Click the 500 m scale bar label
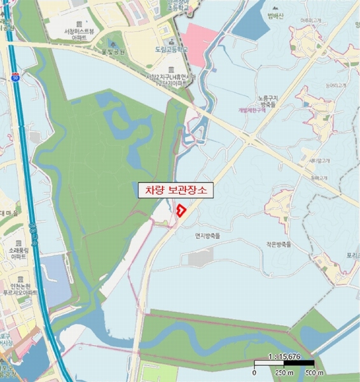pyautogui.click(x=314, y=372)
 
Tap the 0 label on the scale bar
pyautogui.click(x=254, y=372)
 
